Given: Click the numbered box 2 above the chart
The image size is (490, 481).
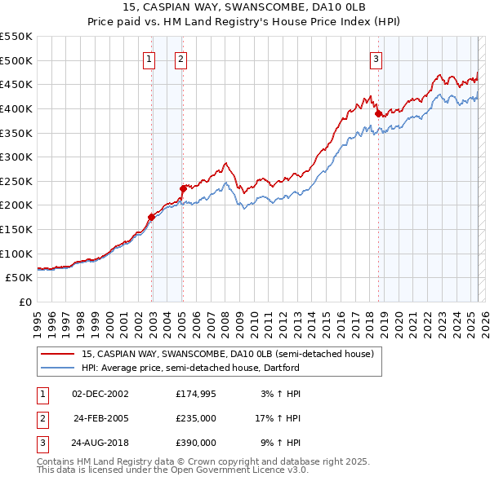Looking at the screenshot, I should (180, 58).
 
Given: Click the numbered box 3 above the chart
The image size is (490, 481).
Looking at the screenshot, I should (376, 58).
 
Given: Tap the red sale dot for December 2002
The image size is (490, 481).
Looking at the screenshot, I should (151, 217).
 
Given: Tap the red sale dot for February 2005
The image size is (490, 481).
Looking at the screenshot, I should (183, 188).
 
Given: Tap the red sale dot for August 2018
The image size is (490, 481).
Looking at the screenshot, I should (378, 114).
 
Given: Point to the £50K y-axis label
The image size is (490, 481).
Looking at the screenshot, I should (20, 277).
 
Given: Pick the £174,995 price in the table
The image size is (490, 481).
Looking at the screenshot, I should (195, 394).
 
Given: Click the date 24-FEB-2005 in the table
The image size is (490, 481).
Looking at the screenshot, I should (100, 418).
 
